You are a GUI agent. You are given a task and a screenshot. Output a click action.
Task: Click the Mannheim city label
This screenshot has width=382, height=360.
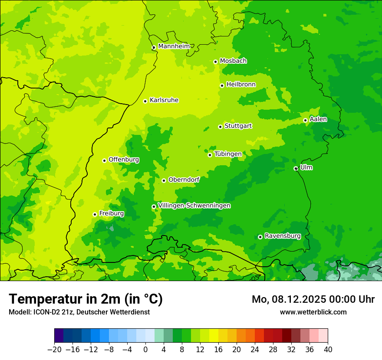pyautogui.click(x=174, y=46)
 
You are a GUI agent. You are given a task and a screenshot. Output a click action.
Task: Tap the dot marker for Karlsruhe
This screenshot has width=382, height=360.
pyautogui.click(x=145, y=101)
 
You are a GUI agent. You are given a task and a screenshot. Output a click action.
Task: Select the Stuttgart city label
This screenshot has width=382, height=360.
pyautogui.click(x=238, y=126)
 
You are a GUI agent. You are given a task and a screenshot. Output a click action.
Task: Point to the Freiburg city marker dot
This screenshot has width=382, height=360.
pyautogui.click(x=95, y=214)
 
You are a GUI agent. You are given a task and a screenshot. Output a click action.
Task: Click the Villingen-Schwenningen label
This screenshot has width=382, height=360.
pyautogui.click(x=194, y=206)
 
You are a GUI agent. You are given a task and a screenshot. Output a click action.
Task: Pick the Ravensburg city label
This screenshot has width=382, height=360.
pyautogui.click(x=282, y=236)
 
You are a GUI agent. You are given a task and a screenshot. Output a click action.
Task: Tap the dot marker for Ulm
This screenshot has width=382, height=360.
pyautogui.click(x=296, y=168)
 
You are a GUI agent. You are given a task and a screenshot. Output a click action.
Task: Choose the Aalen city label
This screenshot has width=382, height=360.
pyautogui.click(x=318, y=119)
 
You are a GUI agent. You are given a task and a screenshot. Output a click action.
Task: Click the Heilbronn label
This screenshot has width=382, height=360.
pyautogui.click(x=241, y=85)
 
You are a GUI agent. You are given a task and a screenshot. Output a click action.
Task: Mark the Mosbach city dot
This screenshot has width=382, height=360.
pyautogui.click(x=215, y=62)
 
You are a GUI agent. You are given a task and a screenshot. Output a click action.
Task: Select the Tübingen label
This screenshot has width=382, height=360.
pyautogui.click(x=228, y=154)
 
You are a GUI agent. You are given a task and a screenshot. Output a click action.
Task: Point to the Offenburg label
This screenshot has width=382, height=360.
pyautogui.click(x=124, y=160)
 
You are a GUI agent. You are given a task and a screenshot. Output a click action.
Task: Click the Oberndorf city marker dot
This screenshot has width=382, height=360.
pyautogui.click(x=164, y=180)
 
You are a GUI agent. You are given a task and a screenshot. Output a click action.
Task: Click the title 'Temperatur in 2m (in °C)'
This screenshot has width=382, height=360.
pyautogui.click(x=86, y=299)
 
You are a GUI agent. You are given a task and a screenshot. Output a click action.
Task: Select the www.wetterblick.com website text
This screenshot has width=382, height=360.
pyautogui.click(x=313, y=312)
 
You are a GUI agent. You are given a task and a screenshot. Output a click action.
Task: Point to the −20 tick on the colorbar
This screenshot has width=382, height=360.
pyautogui.click(x=54, y=349)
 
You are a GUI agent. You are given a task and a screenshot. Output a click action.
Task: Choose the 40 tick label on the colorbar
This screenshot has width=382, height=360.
pyautogui.click(x=328, y=349)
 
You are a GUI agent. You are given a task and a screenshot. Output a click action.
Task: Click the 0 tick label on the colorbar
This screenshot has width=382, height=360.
pyautogui.click(x=145, y=349)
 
